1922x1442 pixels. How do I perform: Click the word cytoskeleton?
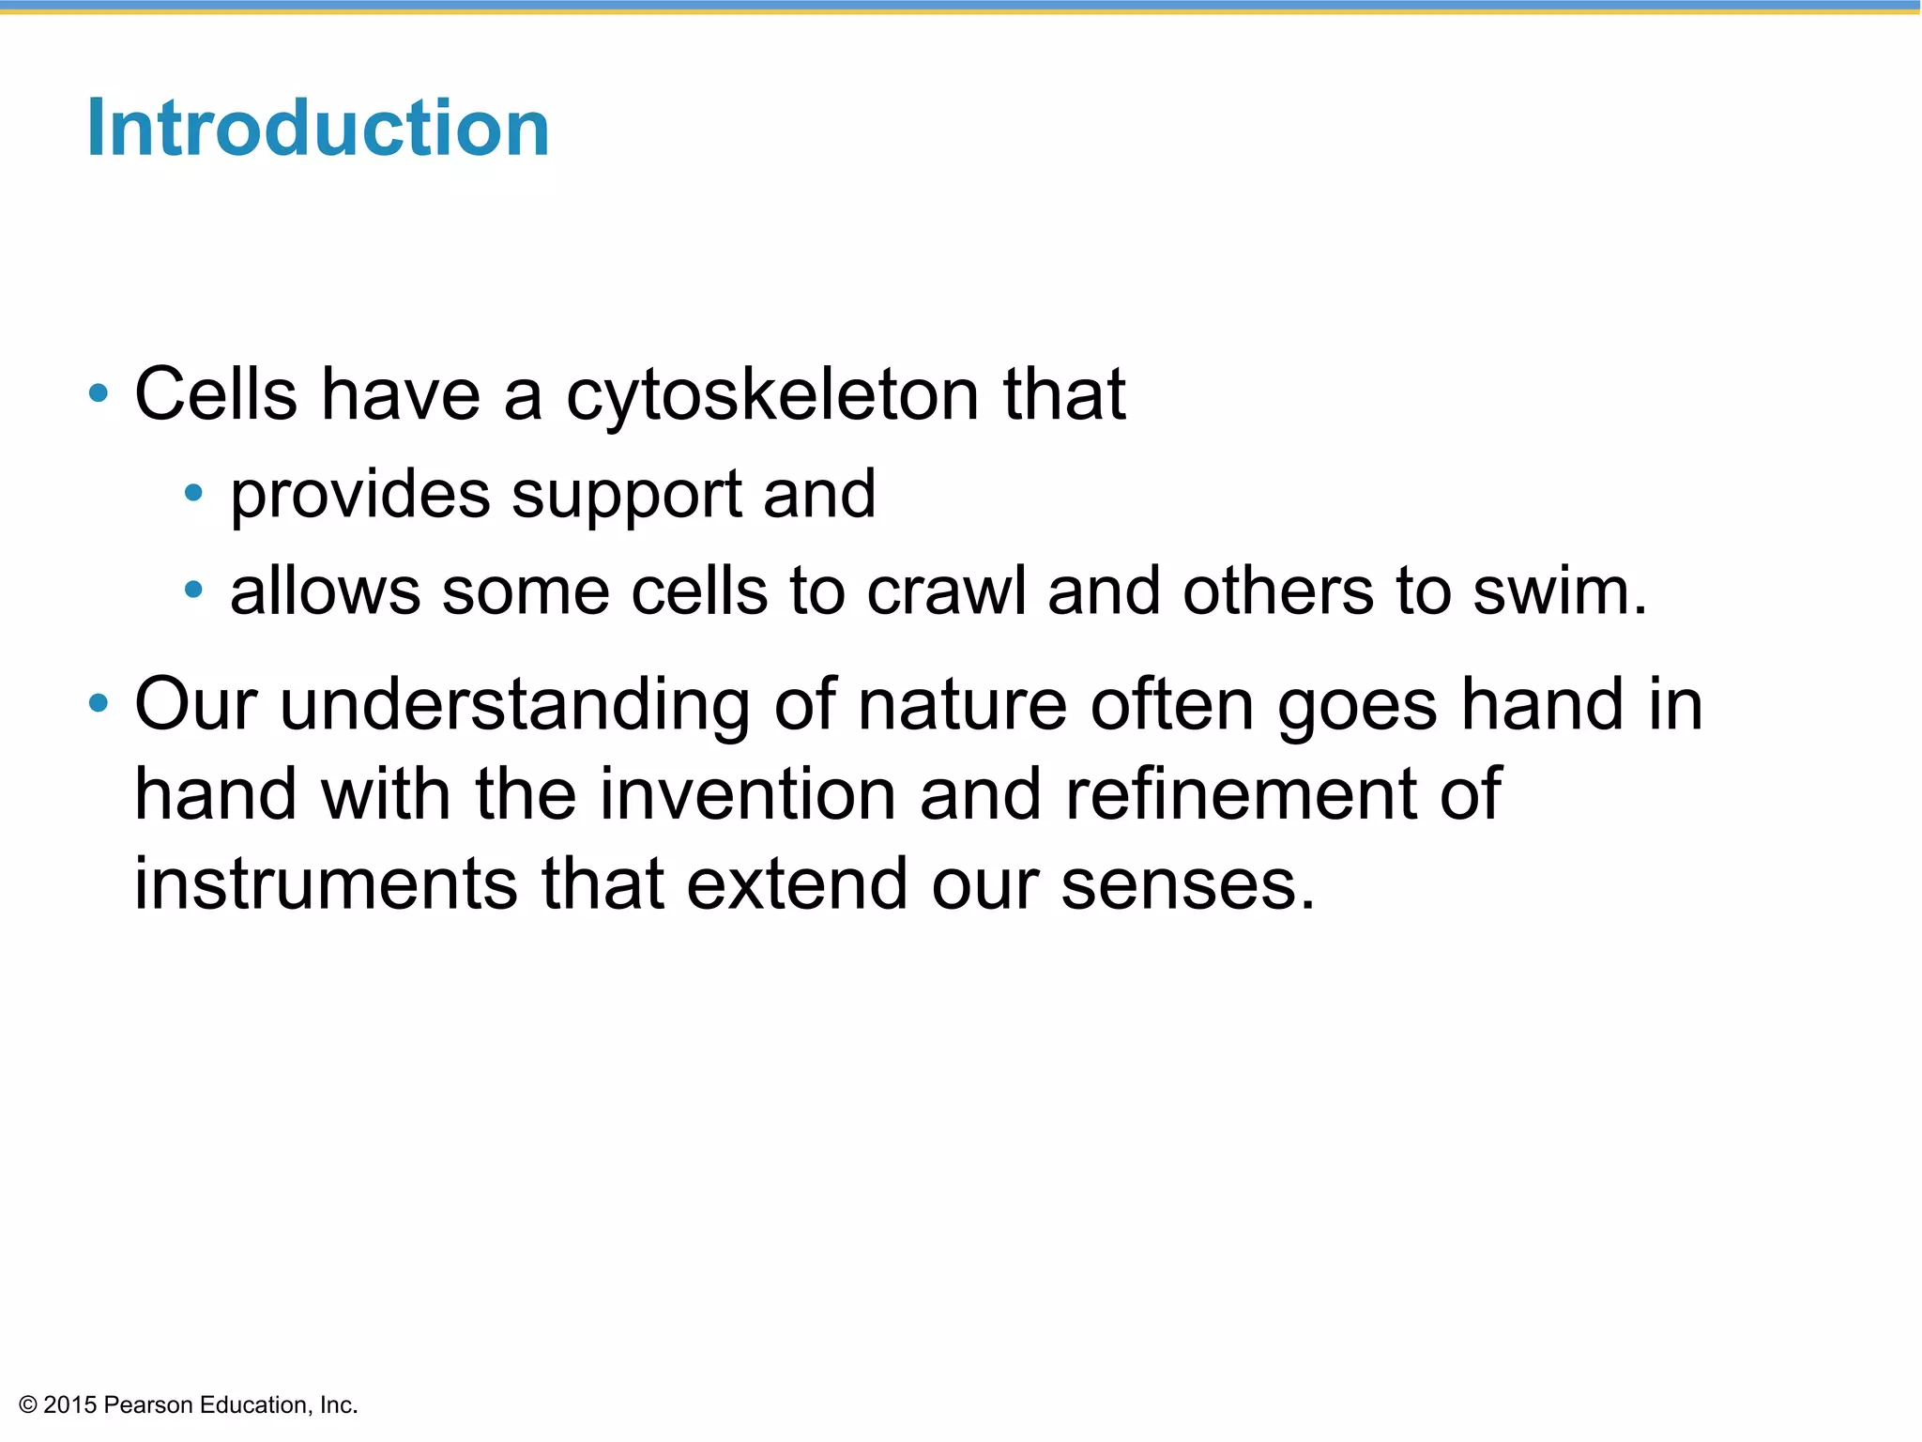(x=772, y=394)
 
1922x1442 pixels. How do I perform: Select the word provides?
(x=359, y=495)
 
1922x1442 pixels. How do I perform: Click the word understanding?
(x=514, y=705)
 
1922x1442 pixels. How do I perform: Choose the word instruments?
(x=325, y=884)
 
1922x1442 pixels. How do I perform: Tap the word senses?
(x=1187, y=884)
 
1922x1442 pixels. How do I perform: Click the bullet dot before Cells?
(x=99, y=393)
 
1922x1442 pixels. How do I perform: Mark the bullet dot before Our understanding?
(x=99, y=703)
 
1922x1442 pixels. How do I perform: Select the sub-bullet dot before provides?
(x=193, y=492)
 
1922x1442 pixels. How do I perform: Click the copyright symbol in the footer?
(x=28, y=1405)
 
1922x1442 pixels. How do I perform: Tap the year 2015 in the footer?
(x=70, y=1405)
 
